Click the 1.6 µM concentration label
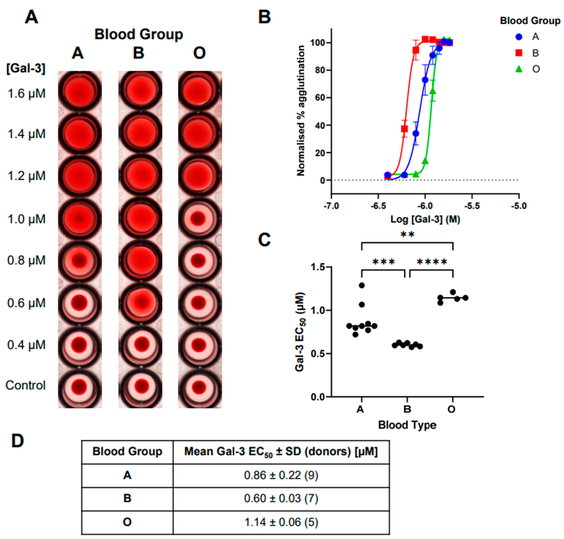point(26,94)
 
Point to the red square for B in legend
point(519,53)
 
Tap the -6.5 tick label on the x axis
point(378,206)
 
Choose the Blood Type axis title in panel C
point(407,425)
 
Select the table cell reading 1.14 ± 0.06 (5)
point(281,522)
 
